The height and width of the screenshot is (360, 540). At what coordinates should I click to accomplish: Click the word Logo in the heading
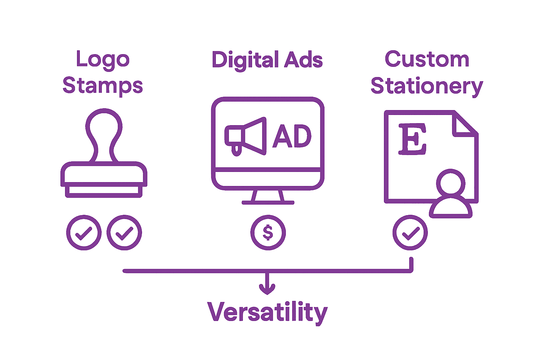pyautogui.click(x=103, y=59)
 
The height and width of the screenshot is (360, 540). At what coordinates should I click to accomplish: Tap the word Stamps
pyautogui.click(x=103, y=85)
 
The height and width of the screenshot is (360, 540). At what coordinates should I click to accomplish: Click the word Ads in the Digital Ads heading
pyautogui.click(x=303, y=60)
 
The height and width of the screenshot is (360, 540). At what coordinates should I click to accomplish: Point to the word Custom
pyautogui.click(x=427, y=59)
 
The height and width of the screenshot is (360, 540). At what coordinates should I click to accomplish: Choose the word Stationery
pyautogui.click(x=427, y=86)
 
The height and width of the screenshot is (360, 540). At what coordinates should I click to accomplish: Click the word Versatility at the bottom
pyautogui.click(x=267, y=312)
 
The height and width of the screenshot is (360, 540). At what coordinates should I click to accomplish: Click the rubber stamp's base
pyautogui.click(x=104, y=179)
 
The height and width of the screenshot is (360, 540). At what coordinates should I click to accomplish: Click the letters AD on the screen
pyautogui.click(x=292, y=136)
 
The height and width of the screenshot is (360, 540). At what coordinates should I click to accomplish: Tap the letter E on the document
pyautogui.click(x=412, y=139)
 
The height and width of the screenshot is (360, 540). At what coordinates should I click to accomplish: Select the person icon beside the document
pyautogui.click(x=450, y=195)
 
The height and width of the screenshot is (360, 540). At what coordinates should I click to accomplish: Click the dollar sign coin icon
pyautogui.click(x=268, y=232)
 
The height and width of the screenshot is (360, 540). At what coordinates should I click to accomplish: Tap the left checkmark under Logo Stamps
pyautogui.click(x=84, y=232)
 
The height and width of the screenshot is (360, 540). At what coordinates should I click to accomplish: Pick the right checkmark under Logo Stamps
pyautogui.click(x=124, y=232)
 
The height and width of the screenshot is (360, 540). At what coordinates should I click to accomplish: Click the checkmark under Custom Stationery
pyautogui.click(x=410, y=232)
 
